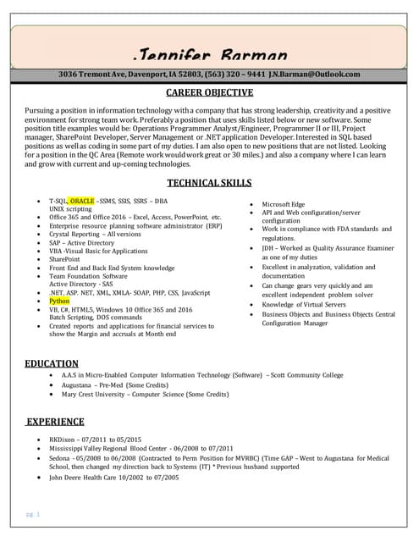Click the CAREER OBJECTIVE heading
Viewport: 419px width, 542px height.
[208, 92]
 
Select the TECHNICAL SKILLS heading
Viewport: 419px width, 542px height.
[208, 182]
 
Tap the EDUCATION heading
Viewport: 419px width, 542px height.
[52, 363]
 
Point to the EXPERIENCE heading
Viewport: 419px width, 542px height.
[54, 420]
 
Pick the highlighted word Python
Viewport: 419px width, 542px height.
[59, 301]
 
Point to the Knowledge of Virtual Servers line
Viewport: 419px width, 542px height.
[304, 304]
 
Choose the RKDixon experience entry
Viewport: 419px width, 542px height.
[95, 440]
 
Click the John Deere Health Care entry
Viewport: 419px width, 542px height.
[113, 478]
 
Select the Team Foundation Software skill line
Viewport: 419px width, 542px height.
[88, 276]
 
